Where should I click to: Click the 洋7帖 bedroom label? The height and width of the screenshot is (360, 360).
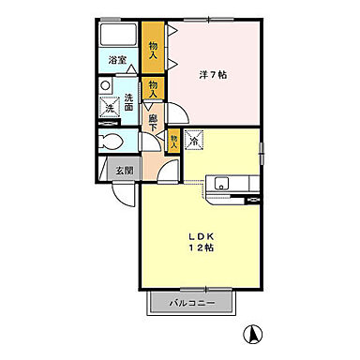pyautogui.click(x=213, y=75)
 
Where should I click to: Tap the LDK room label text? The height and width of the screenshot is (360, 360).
pyautogui.click(x=201, y=236)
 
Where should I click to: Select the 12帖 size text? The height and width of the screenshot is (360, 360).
pyautogui.click(x=201, y=247)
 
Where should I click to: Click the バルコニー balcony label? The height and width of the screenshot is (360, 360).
pyautogui.click(x=192, y=303)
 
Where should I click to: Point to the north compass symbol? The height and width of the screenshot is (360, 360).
pyautogui.click(x=253, y=334)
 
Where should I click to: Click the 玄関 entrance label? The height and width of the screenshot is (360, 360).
pyautogui.click(x=125, y=171)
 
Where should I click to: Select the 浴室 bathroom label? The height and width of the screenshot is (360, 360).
pyautogui.click(x=117, y=60)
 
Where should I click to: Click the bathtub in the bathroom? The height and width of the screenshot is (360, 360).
pyautogui.click(x=118, y=35)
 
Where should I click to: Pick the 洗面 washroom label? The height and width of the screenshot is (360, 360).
pyautogui.click(x=129, y=102)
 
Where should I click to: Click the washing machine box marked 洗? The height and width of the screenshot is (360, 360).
pyautogui.click(x=110, y=107)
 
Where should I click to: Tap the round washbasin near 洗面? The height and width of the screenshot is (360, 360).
pyautogui.click(x=106, y=85)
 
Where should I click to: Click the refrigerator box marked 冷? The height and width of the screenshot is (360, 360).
pyautogui.click(x=194, y=139)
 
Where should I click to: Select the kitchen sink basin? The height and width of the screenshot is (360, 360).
pyautogui.click(x=221, y=184)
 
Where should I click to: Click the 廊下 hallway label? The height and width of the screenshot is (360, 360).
pyautogui.click(x=153, y=123)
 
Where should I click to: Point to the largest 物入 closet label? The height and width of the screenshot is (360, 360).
pyautogui.click(x=153, y=51)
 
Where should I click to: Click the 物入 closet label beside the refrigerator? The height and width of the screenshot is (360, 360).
pyautogui.click(x=174, y=142)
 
